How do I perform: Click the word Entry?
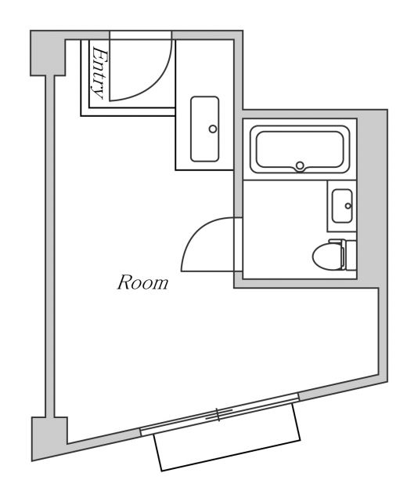(x=99, y=72)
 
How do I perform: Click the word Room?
(x=142, y=282)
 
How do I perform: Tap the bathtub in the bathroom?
(x=298, y=150)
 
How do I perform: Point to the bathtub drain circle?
(x=299, y=166)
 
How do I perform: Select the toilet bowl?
(x=326, y=255)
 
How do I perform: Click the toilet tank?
(x=350, y=255)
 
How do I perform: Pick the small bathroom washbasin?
(x=342, y=206)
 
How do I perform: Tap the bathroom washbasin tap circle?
(x=348, y=206)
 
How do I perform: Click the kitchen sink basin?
(x=205, y=129)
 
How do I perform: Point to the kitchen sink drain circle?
(x=211, y=129)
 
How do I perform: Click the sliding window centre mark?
(x=218, y=415)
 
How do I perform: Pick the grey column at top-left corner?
(x=46, y=53)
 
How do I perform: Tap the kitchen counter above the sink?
(x=204, y=71)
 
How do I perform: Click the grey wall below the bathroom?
(x=305, y=283)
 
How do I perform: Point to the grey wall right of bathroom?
(x=372, y=196)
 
